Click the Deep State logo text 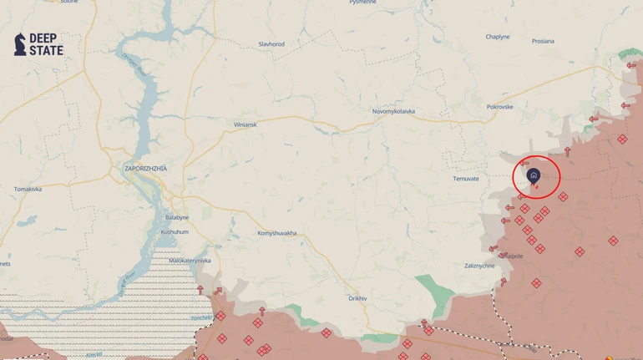(x=46, y=44)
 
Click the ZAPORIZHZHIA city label (x=145, y=169)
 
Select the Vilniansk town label (x=246, y=124)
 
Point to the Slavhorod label (x=271, y=44)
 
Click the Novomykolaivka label (x=393, y=111)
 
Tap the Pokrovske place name (x=500, y=107)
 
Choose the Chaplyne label (x=498, y=37)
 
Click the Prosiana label (x=543, y=41)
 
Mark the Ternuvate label (x=466, y=179)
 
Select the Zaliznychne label (x=479, y=266)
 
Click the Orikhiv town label (x=357, y=298)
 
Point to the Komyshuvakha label (x=277, y=233)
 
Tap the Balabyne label (x=177, y=217)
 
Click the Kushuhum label (x=175, y=231)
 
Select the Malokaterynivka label (x=190, y=261)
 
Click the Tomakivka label (x=28, y=189)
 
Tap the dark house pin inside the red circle (x=534, y=175)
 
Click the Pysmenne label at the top (x=362, y=3)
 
